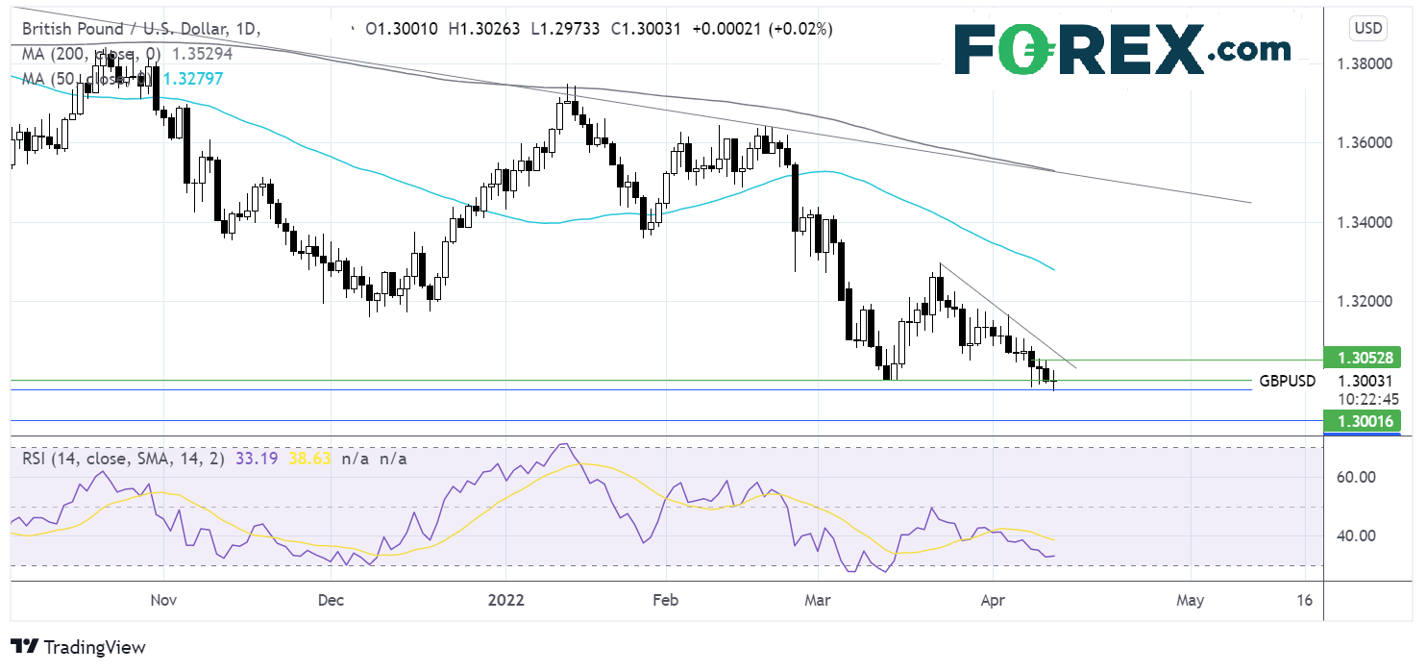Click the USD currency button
[1367, 28]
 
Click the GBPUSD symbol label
[1287, 381]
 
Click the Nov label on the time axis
[163, 599]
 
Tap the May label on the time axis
[1190, 599]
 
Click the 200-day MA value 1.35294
[199, 54]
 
